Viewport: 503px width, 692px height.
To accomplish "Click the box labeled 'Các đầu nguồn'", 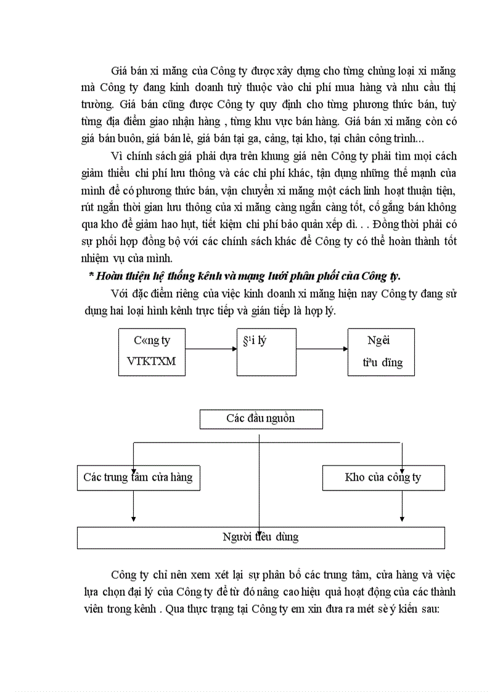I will [x=261, y=419].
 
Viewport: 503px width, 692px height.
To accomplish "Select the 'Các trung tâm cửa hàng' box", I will [x=138, y=478].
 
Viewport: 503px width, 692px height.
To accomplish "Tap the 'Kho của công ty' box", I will [x=383, y=478].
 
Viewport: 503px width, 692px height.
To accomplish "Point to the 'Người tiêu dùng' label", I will [x=260, y=537].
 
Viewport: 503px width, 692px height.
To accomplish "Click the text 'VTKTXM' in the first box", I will [x=151, y=361].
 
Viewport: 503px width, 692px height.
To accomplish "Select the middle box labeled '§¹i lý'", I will [x=266, y=352].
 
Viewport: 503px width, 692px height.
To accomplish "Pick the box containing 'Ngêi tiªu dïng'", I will [x=381, y=352].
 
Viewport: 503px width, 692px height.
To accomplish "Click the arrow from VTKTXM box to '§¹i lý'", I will [x=211, y=349].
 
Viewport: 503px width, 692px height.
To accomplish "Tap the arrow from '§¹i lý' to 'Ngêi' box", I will [x=322, y=349].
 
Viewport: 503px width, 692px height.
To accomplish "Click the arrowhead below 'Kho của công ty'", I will [x=402, y=518].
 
